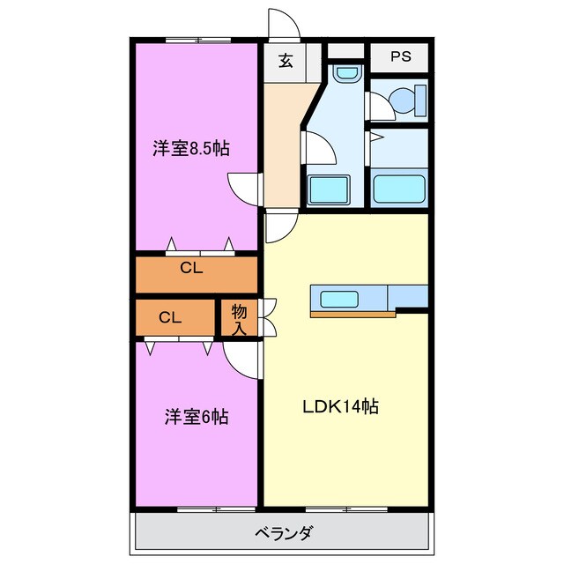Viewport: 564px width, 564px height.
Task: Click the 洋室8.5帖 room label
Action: tap(191, 149)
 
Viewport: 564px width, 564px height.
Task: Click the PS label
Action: tap(401, 58)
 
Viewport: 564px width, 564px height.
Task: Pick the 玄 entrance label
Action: tap(286, 61)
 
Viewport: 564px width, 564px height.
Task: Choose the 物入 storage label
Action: tap(239, 318)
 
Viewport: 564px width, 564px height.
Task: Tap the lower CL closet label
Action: tap(171, 317)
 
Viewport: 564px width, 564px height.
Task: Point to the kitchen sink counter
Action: tap(348, 300)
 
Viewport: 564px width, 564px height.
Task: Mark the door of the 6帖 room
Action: tap(241, 358)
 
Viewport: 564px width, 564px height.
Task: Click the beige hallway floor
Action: tap(285, 141)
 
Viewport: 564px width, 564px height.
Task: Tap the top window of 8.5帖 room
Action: tap(197, 41)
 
